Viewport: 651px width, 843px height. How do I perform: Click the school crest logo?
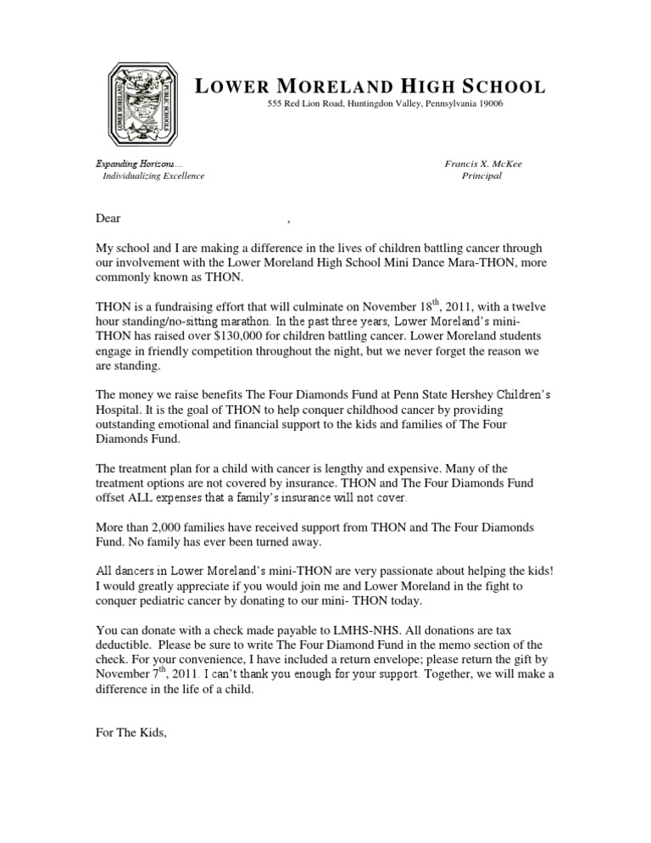[x=142, y=104]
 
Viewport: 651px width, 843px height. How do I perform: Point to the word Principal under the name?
[x=481, y=176]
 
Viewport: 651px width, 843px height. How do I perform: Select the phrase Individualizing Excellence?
[x=153, y=176]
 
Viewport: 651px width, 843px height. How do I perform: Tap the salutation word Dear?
[x=108, y=219]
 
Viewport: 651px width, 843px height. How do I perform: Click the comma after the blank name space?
[x=289, y=221]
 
